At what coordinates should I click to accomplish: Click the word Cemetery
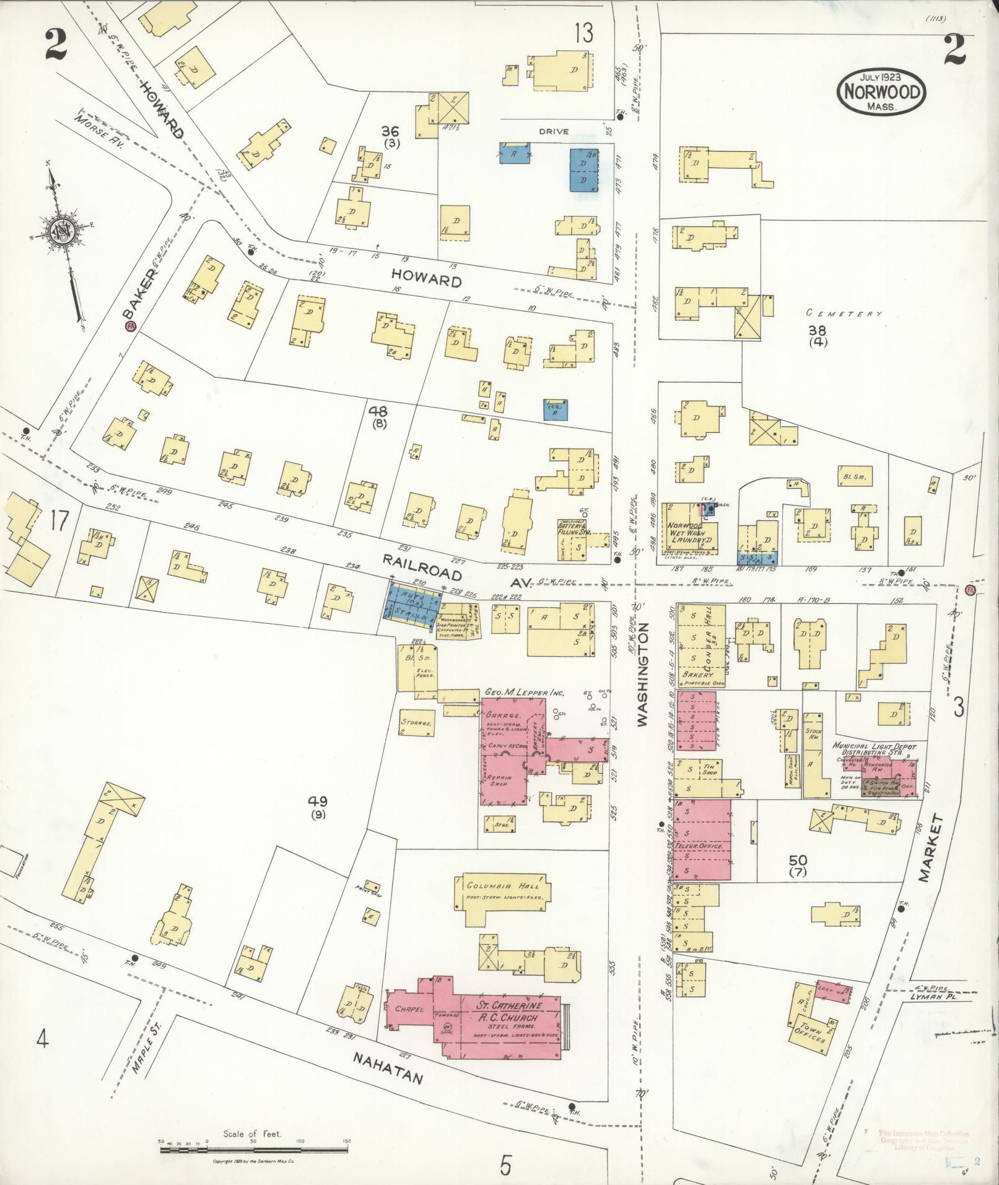[845, 314]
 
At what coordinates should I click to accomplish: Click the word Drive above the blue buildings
[552, 131]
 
